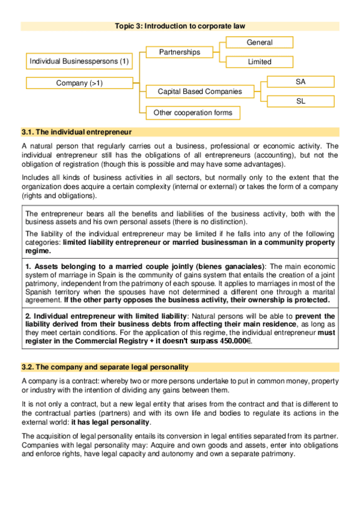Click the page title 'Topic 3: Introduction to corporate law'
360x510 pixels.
[x=180, y=26]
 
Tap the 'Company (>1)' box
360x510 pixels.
[x=79, y=83]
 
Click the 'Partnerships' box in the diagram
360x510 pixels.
[x=179, y=52]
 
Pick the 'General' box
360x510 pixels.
[x=259, y=43]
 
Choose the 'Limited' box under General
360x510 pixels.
[x=259, y=61]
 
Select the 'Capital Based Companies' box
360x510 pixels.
[x=200, y=91]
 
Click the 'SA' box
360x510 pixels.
[x=300, y=81]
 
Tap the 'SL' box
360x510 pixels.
[x=300, y=101]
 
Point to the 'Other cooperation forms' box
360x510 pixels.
[x=192, y=112]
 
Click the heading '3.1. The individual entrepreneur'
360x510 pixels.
[x=76, y=132]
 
